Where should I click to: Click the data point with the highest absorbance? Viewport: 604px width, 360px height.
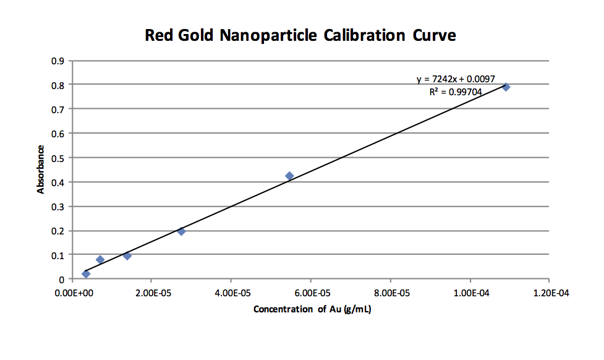tap(506, 87)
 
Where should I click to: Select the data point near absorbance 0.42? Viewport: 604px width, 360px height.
tap(289, 176)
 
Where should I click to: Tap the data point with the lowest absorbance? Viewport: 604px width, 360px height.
tap(86, 273)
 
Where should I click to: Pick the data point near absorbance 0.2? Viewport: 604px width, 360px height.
tap(181, 231)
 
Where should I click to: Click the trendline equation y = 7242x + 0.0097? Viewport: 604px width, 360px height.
tap(456, 80)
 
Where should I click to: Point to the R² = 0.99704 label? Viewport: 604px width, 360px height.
tap(456, 92)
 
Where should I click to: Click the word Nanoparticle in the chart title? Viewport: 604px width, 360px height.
tap(269, 35)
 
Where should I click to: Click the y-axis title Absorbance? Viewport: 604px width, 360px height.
tap(41, 169)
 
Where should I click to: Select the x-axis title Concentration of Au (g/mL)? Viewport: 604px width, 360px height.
tap(312, 309)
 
